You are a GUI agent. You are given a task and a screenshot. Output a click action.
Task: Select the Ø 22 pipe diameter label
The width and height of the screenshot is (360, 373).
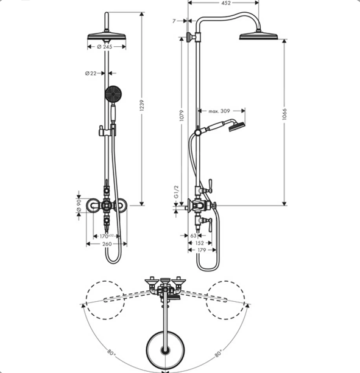point(91,73)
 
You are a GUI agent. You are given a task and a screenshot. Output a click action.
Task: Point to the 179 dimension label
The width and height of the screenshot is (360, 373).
point(201,249)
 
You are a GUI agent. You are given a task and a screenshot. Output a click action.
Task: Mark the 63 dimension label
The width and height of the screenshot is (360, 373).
point(193,234)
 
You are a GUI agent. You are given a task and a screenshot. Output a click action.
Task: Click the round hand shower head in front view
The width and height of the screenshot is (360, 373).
point(112,95)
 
